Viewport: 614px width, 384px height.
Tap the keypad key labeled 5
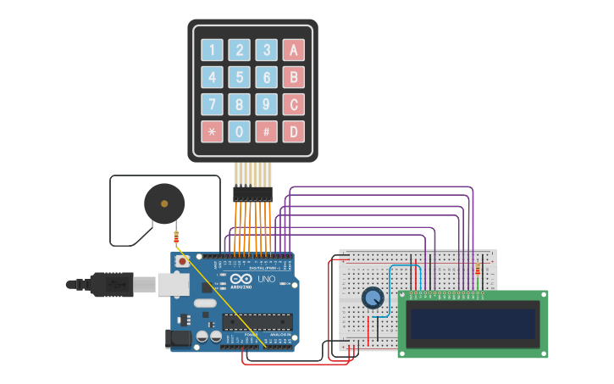point(240,78)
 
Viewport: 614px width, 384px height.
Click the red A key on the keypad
point(293,50)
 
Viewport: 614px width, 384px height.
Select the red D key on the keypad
point(293,131)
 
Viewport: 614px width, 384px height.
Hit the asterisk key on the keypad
point(213,131)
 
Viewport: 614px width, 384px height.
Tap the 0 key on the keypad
point(240,131)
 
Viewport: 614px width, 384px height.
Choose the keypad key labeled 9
point(267,104)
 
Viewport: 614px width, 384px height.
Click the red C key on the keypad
point(293,104)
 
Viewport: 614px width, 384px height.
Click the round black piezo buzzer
point(164,203)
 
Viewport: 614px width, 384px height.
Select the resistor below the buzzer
point(176,237)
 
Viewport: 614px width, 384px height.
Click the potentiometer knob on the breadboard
point(372,298)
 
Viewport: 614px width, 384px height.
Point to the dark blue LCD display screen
point(473,324)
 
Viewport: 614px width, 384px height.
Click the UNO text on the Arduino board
point(266,279)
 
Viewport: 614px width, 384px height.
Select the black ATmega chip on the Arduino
point(257,321)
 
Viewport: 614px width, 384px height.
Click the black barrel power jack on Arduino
point(178,338)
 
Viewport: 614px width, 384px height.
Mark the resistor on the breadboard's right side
point(478,270)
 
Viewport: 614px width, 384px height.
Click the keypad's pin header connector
point(252,194)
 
